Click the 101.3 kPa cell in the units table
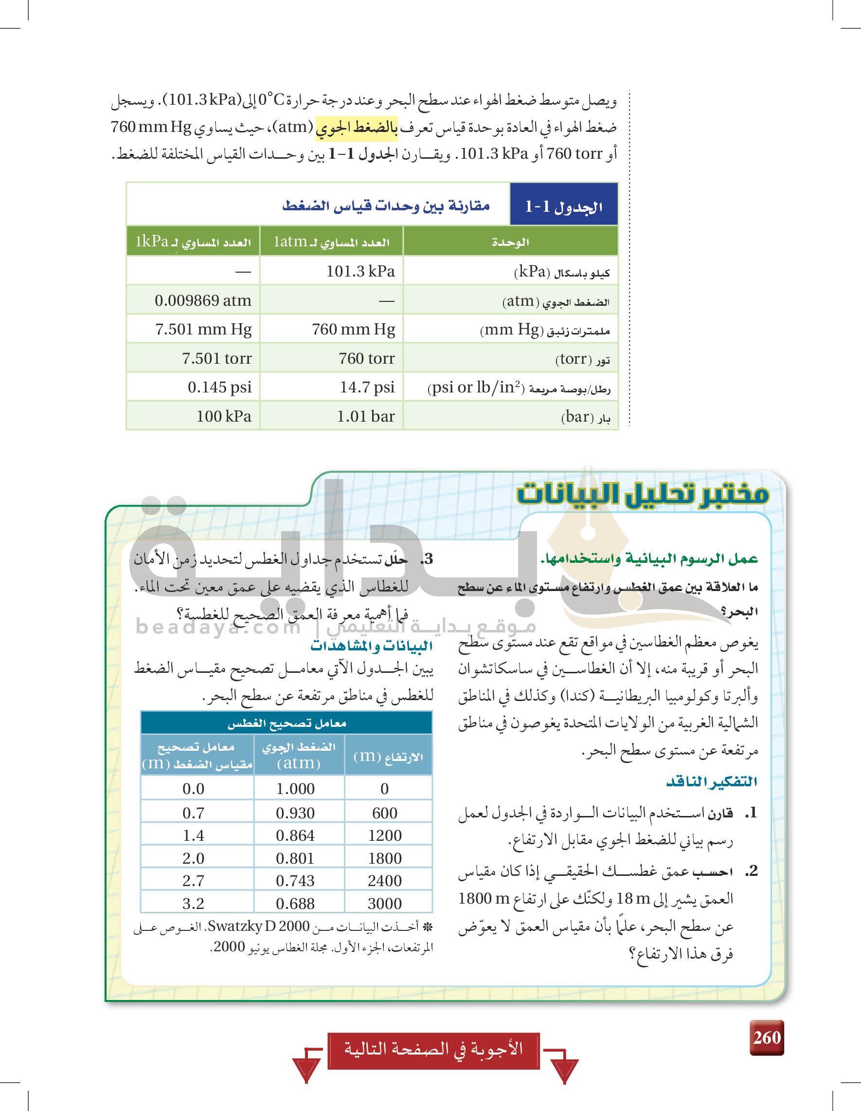[x=360, y=271]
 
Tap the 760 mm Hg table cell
[x=353, y=329]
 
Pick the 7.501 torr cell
[x=216, y=358]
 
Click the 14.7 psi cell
[x=367, y=387]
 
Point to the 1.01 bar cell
[x=365, y=416]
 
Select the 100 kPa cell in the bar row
[x=224, y=416]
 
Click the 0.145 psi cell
[x=219, y=387]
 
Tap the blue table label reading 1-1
[x=563, y=205]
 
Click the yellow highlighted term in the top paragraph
[x=356, y=127]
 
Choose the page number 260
[x=767, y=1037]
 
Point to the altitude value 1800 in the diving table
[x=385, y=858]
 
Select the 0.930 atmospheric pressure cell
[x=295, y=813]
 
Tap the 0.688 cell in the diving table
[x=295, y=904]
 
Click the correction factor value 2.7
[x=193, y=881]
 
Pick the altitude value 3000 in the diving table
[x=385, y=904]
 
